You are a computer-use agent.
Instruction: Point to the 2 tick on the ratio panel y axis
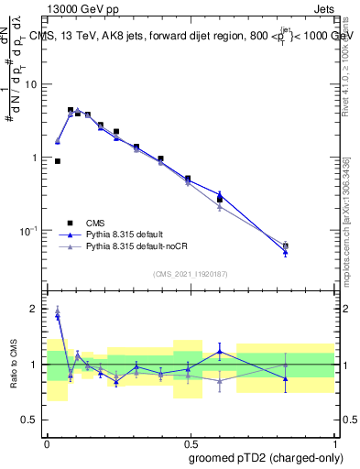point(35,309)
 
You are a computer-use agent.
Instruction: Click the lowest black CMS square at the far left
point(58,161)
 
